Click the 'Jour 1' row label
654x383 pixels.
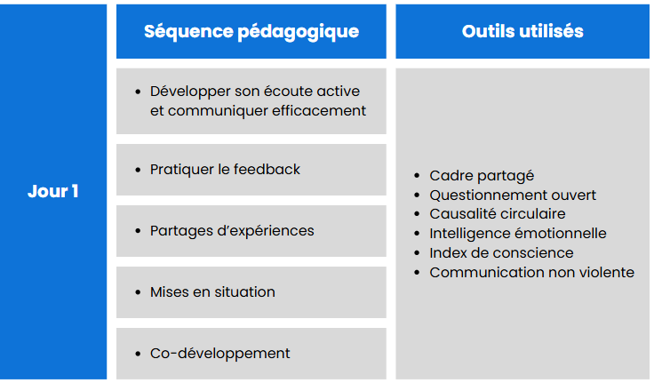tap(53, 192)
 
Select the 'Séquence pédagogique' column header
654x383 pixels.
tap(251, 32)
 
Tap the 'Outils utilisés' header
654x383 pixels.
tap(522, 31)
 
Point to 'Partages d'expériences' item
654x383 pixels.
tap(232, 231)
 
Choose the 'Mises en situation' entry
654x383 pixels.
tap(212, 292)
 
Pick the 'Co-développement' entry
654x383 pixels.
tap(219, 354)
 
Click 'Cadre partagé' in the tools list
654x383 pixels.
tap(482, 176)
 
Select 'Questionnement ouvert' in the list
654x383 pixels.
tap(513, 195)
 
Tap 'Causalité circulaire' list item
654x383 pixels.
tap(498, 214)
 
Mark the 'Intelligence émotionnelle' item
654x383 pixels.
tap(518, 234)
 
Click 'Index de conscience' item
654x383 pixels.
tap(501, 253)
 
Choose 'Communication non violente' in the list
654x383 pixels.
tap(531, 273)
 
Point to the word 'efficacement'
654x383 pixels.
tap(319, 111)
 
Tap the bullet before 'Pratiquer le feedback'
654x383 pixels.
tap(138, 170)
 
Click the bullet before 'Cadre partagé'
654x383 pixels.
tap(417, 176)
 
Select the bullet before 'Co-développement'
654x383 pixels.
tap(138, 354)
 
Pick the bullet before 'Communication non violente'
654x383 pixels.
tap(417, 273)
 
